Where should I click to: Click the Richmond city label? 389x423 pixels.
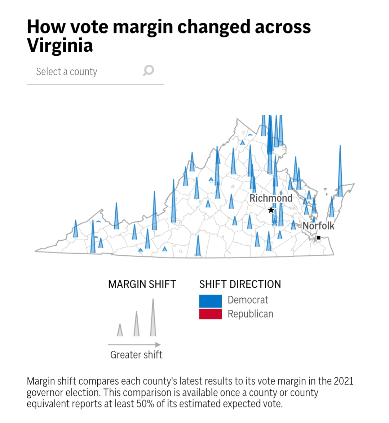tap(271, 198)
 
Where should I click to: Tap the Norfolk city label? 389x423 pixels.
tap(318, 226)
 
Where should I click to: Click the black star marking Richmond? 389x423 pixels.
tap(271, 210)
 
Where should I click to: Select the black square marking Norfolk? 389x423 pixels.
tap(318, 238)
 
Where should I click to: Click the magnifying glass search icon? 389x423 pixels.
tap(149, 70)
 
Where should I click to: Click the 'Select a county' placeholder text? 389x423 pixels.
tap(67, 72)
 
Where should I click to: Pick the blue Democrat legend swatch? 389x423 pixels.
tap(211, 301)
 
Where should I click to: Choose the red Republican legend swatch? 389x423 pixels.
tap(211, 314)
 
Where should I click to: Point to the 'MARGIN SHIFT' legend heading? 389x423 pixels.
tap(142, 285)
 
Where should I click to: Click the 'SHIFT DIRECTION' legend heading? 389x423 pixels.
tap(240, 285)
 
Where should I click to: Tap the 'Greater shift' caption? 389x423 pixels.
tap(136, 355)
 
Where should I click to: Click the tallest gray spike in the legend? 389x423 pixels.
tap(153, 318)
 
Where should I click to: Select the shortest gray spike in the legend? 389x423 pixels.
tap(120, 330)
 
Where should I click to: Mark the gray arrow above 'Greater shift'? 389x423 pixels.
tap(134, 345)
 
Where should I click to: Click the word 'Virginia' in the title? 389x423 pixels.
tap(60, 46)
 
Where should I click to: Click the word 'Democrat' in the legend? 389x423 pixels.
tap(248, 300)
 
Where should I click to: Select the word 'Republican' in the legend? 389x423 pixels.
tap(251, 314)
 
